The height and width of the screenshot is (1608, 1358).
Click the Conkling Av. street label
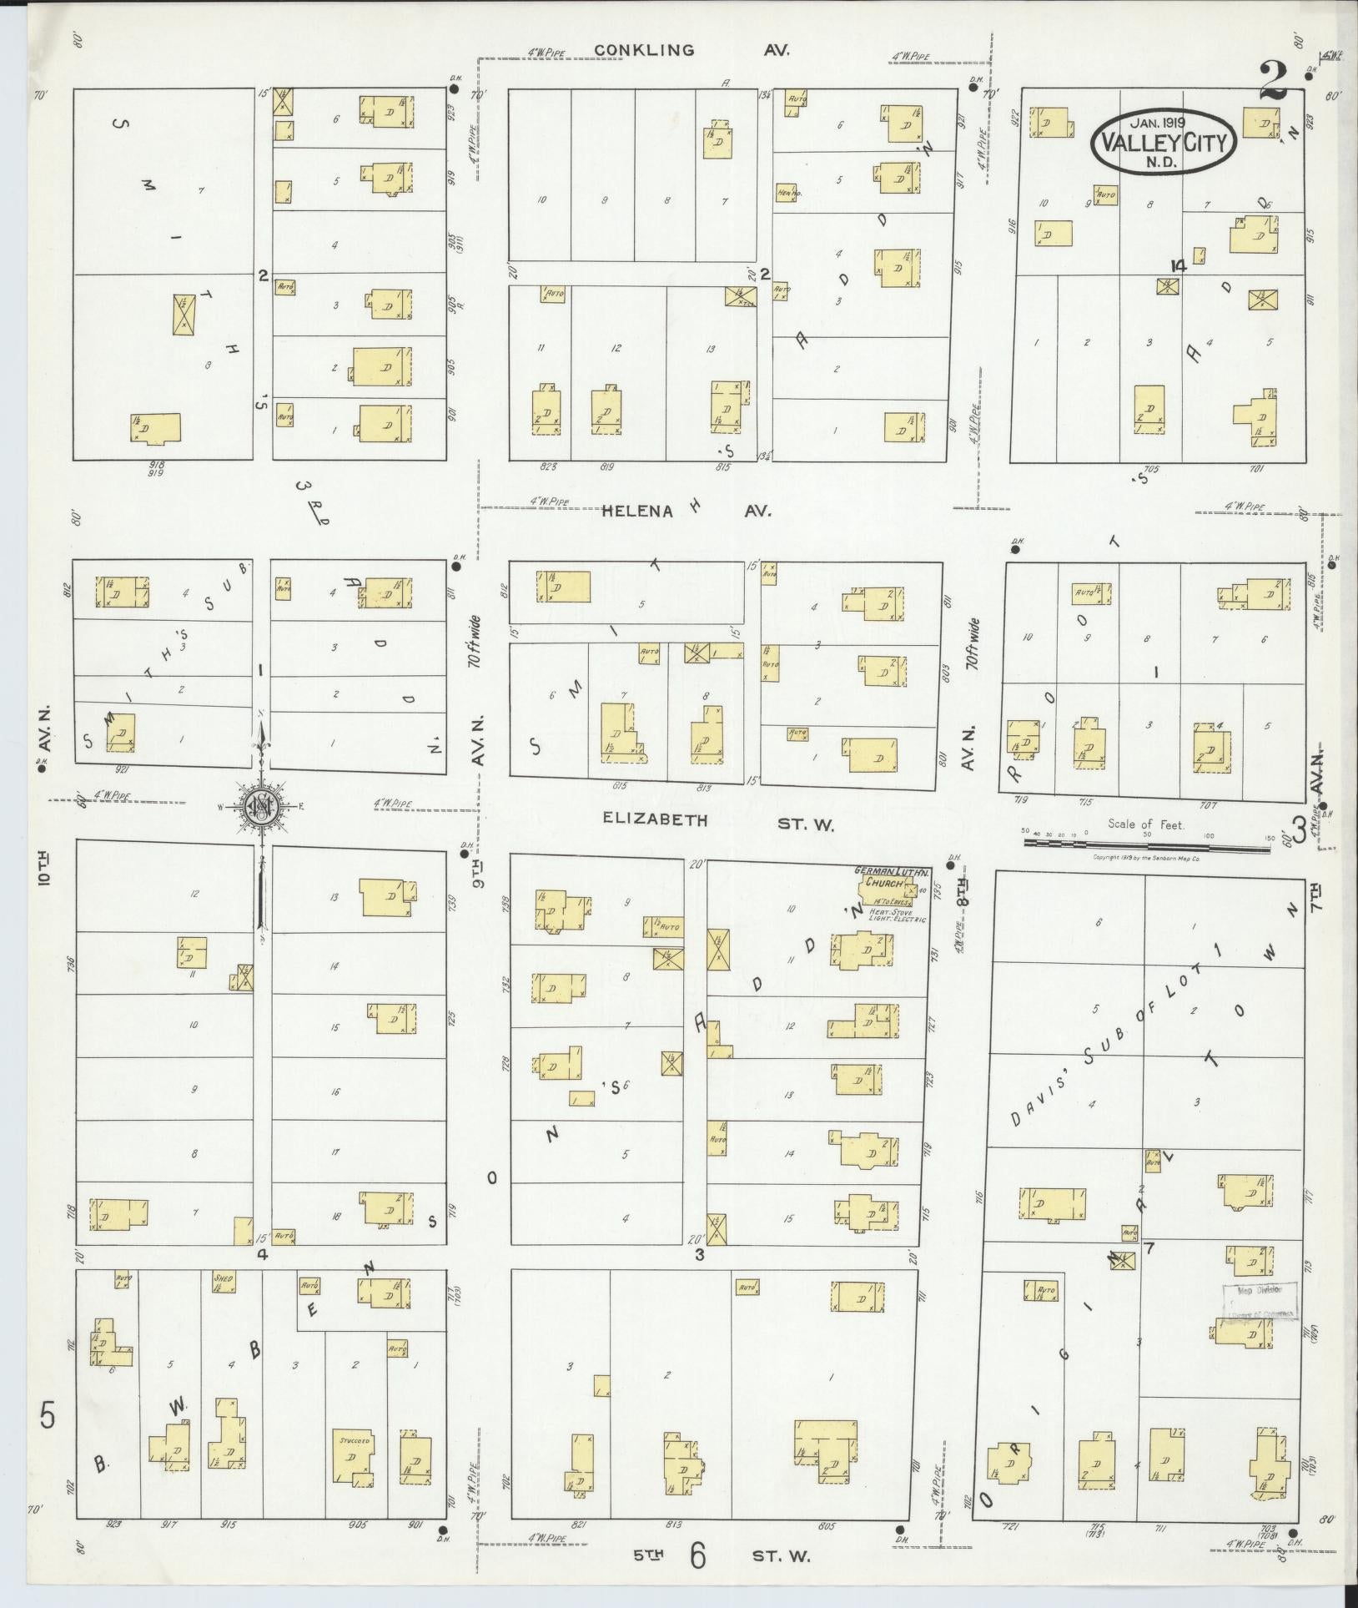click(692, 50)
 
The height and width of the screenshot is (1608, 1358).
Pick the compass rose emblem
click(261, 806)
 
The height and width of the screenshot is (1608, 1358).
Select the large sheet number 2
click(1273, 82)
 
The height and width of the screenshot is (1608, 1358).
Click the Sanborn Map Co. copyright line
click(1144, 858)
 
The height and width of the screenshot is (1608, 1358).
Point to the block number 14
click(1178, 265)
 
